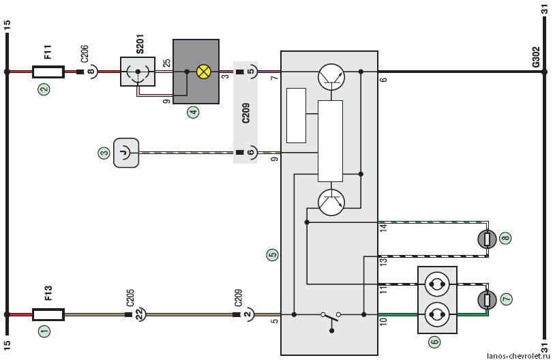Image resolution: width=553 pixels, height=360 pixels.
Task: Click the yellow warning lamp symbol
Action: tap(203, 72)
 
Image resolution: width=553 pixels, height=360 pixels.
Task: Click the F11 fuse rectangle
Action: tap(48, 72)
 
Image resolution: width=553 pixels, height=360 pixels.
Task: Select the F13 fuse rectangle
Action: tap(48, 314)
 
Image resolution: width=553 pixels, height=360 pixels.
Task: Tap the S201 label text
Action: tap(140, 44)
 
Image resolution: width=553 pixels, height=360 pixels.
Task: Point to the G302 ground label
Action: tap(536, 57)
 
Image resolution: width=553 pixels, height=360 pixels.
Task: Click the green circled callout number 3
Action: tap(104, 153)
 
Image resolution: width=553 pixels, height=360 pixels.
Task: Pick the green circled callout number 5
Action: tap(273, 254)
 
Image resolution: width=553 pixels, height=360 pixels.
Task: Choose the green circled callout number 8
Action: tap(506, 238)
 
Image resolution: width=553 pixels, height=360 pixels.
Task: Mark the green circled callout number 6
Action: tap(434, 341)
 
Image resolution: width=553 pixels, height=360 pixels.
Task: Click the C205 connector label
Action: tap(130, 299)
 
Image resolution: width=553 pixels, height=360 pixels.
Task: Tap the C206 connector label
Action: tap(85, 54)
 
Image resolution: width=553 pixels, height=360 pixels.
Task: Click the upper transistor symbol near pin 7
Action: tap(331, 76)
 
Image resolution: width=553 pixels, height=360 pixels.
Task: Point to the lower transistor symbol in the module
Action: tap(331, 202)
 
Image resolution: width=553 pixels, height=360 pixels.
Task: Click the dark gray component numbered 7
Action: tap(487, 300)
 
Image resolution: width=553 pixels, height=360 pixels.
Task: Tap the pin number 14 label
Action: tap(384, 228)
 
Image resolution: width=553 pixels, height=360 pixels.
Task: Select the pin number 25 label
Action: tap(167, 63)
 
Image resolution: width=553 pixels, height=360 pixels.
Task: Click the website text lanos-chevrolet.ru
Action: tap(518, 356)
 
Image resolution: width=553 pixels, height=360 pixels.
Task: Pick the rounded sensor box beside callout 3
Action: tap(126, 153)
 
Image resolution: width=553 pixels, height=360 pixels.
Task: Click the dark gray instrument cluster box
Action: tap(196, 72)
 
